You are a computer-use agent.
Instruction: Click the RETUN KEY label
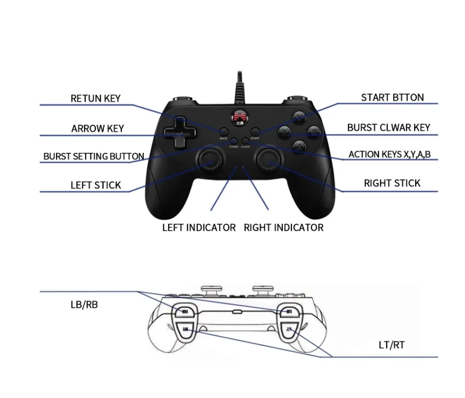click(x=96, y=98)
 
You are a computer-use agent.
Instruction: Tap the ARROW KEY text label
click(x=98, y=128)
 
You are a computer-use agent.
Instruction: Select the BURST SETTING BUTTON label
click(x=94, y=156)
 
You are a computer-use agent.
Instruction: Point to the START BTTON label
click(x=392, y=97)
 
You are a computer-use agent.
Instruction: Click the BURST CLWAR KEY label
click(x=389, y=128)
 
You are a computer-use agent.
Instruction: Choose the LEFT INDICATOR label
click(x=199, y=227)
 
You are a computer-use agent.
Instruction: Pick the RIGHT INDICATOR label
click(x=284, y=227)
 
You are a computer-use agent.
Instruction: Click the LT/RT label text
click(x=391, y=345)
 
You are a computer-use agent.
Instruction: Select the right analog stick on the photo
click(x=269, y=158)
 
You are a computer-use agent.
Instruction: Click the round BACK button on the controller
click(x=223, y=131)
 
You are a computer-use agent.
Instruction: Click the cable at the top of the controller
click(x=240, y=87)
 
